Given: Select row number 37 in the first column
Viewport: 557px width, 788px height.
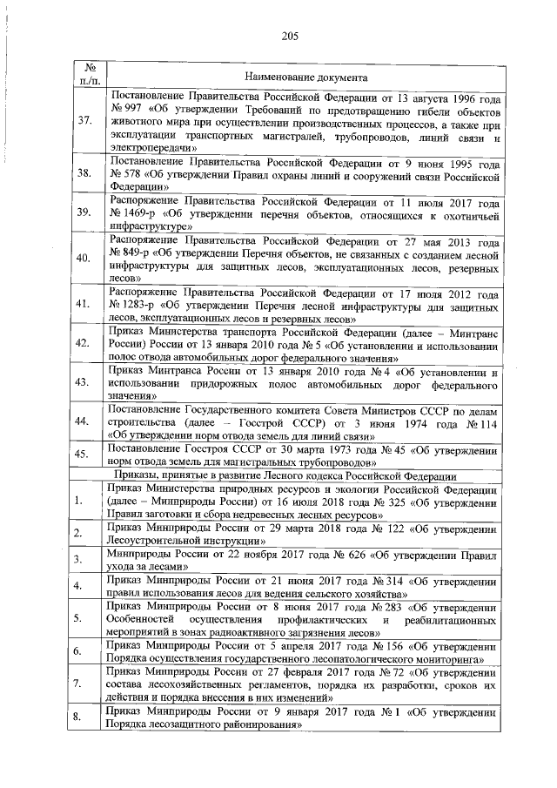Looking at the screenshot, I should coord(85,122).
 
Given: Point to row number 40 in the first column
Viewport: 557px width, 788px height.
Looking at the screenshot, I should coord(84,259).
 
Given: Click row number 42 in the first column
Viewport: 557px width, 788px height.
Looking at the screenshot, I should coord(84,342).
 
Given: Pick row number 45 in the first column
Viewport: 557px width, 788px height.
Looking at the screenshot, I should coord(84,454).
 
